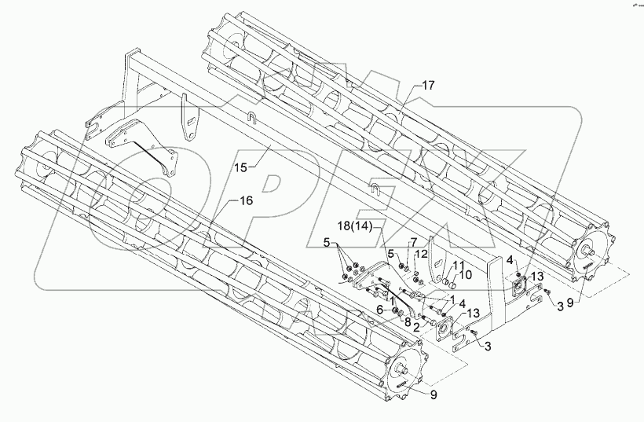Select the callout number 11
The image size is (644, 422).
coord(457,265)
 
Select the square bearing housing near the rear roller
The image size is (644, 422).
coord(518,283)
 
